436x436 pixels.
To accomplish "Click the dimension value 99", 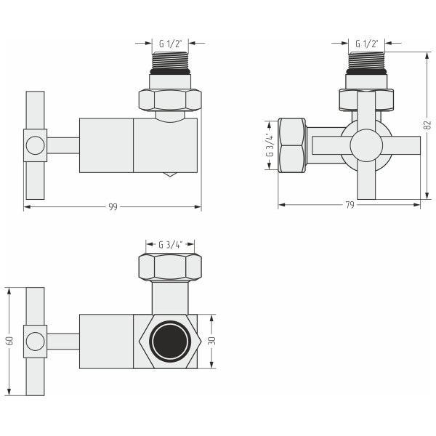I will pos(113,207).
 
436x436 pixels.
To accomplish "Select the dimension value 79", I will pos(350,206).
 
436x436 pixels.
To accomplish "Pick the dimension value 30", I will pos(211,342).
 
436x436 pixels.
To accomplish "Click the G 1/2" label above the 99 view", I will pos(170,44).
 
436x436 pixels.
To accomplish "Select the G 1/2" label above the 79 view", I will pos(367,44).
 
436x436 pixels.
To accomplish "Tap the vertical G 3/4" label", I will pos(270,145).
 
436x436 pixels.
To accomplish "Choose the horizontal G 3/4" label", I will pos(169,244).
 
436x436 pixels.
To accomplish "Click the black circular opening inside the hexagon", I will pos(169,342).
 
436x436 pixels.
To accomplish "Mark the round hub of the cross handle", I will pos(366,145).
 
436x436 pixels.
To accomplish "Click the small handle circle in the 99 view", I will pos(34,145).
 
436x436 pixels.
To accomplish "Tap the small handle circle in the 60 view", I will pos(34,341).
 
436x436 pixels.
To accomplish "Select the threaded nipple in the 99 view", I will pos(170,63).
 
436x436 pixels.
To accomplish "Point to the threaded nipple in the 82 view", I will pos(367,63).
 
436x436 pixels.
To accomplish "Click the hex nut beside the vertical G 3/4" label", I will pos(292,145).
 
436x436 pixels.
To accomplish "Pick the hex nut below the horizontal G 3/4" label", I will pos(169,267).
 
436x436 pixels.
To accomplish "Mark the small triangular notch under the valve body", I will pos(169,175).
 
